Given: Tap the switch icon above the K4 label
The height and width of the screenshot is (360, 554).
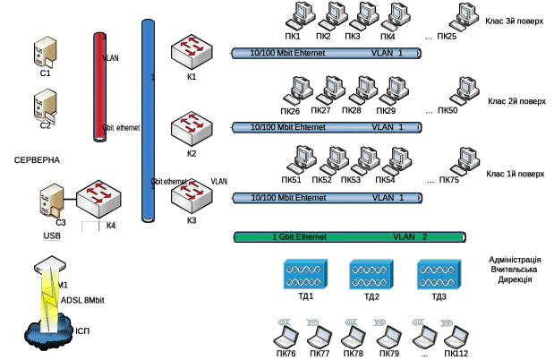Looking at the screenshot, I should pos(97,200).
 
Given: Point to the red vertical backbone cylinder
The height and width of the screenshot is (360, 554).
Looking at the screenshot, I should pos(100,86).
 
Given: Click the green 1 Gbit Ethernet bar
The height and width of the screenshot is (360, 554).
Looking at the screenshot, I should pos(350,237).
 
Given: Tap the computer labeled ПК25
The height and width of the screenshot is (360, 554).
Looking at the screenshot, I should pos(463,16).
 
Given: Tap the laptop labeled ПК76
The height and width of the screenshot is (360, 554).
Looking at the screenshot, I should pos(286,338).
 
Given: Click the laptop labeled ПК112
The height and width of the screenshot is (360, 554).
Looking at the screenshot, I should pos(456,338).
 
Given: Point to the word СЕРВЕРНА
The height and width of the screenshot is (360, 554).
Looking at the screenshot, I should pos(37,160).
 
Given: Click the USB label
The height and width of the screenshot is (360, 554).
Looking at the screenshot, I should pos(51,236).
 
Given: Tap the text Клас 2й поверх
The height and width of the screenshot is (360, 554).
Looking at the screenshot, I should pos(516,101).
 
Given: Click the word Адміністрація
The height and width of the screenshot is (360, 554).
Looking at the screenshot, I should pos(515,259).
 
